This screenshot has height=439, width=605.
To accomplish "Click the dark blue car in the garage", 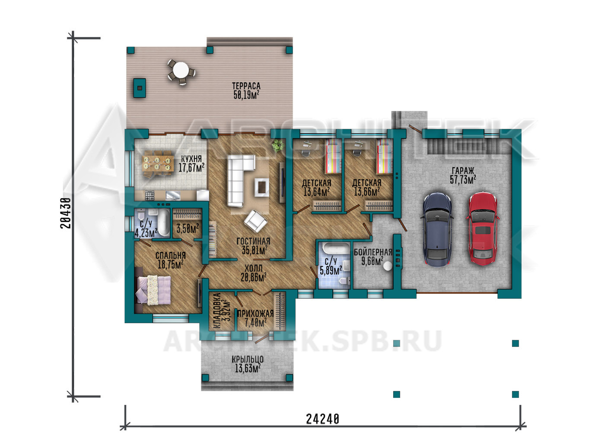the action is click(437, 229).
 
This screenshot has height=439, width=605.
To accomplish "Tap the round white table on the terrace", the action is click(181, 70).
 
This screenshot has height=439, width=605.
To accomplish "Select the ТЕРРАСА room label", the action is click(246, 86).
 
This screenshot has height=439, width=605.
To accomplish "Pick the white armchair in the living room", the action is click(255, 221).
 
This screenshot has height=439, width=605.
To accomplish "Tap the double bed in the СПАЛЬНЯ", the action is click(154, 289).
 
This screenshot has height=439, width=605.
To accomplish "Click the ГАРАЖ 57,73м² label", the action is click(463, 176).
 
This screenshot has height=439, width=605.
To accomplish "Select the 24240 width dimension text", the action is click(322, 419).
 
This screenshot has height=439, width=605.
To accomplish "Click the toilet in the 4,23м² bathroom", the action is click(141, 215).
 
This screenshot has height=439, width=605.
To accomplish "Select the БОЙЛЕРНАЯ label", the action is click(373, 252).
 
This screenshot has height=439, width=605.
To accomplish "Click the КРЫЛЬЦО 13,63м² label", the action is click(247, 364).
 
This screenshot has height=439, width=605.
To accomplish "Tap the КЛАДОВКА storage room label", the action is click(217, 311).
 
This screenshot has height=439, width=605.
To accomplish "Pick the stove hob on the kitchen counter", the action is click(150, 195).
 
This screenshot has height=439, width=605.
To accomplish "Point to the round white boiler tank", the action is click(388, 266).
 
